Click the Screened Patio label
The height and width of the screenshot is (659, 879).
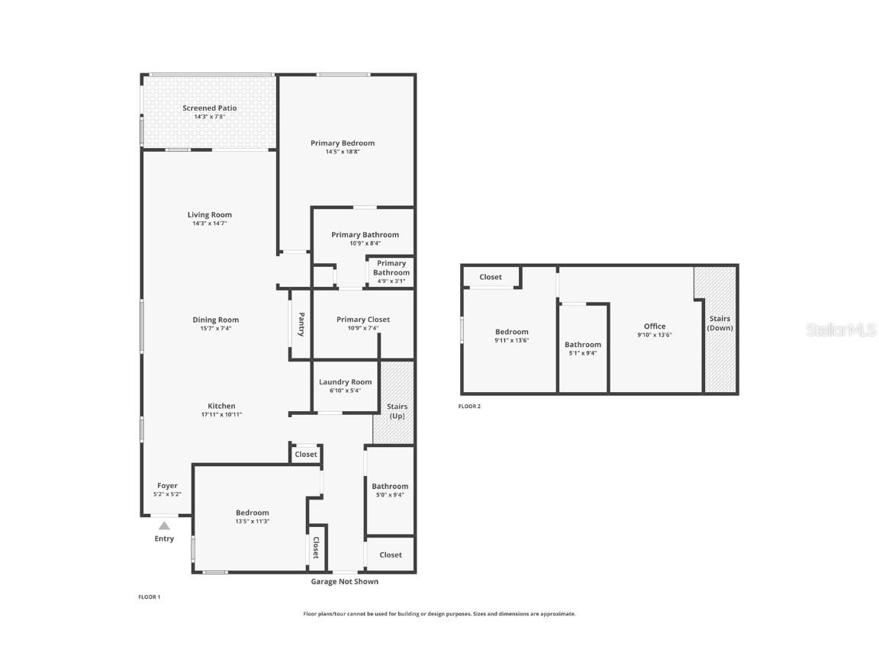(x=209, y=108)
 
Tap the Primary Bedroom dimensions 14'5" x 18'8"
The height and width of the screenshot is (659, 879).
(x=342, y=152)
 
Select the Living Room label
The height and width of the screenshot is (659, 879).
(x=209, y=215)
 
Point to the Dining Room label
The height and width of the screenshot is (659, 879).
(x=215, y=320)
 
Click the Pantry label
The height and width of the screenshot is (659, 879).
(x=301, y=324)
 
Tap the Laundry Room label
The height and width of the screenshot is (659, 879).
(x=345, y=382)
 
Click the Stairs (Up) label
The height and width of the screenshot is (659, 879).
(x=397, y=411)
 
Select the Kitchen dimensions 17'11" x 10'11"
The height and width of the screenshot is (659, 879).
(x=221, y=414)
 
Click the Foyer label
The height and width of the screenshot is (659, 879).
(x=167, y=486)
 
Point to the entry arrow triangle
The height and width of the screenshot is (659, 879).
(x=164, y=525)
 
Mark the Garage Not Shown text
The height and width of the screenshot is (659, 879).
(x=344, y=581)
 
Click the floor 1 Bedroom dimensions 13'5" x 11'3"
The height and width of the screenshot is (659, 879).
(x=252, y=521)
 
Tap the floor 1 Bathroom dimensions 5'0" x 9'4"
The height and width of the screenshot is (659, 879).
(x=390, y=494)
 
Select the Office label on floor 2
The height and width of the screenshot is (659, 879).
(x=654, y=326)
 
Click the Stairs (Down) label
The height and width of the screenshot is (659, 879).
(x=720, y=323)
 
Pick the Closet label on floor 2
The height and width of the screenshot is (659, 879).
(x=491, y=277)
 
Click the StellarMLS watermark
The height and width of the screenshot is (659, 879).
(x=842, y=329)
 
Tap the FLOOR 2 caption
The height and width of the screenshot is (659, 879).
(x=469, y=407)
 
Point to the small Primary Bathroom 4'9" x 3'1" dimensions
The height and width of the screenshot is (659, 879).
(x=391, y=281)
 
